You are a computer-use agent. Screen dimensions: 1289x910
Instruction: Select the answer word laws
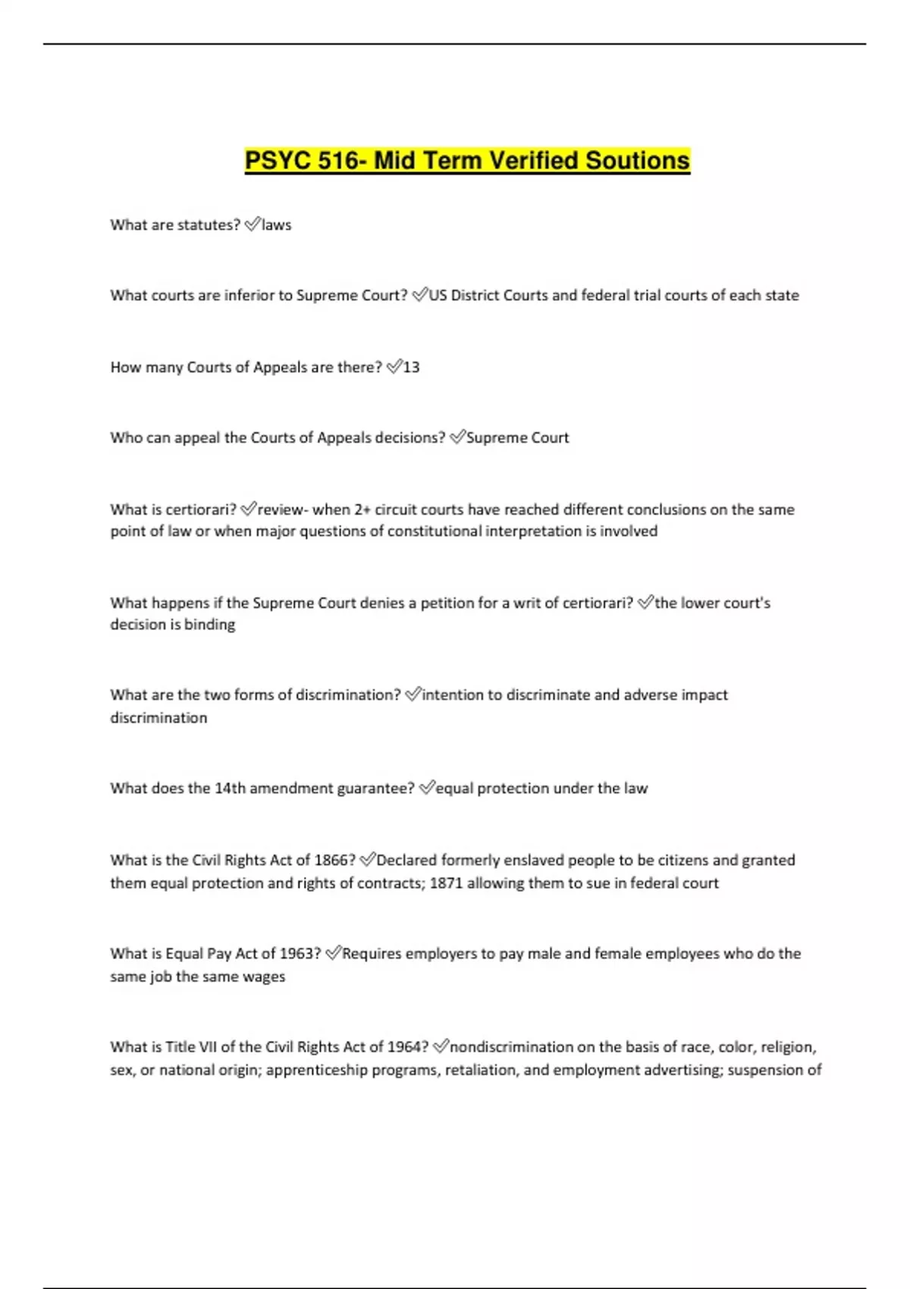277,225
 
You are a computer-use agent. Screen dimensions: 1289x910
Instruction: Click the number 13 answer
411,368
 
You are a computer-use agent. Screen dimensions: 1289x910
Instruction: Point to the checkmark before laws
253,224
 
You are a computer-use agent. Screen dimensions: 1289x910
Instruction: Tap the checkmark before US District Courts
420,295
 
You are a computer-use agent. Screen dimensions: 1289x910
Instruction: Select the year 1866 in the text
334,861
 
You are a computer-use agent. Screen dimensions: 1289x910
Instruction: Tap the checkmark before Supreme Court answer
457,438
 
